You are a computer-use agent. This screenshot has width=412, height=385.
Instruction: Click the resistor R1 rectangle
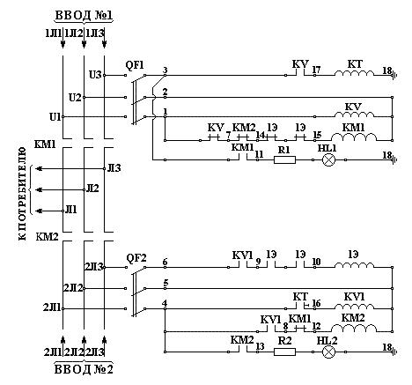(284, 159)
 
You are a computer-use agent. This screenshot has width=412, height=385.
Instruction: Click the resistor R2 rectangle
(284, 352)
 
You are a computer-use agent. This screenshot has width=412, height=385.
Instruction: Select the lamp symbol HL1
(328, 160)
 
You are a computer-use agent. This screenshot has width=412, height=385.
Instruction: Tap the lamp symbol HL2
(328, 352)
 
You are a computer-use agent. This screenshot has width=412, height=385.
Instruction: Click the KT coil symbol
(354, 73)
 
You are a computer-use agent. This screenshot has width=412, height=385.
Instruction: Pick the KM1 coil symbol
(354, 137)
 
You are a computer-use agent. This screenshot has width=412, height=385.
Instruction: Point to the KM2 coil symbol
(354, 329)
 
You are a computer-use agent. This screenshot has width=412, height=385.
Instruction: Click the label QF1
(135, 65)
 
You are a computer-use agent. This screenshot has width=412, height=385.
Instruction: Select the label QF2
(136, 258)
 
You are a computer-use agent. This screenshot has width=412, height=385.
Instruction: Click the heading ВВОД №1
(84, 16)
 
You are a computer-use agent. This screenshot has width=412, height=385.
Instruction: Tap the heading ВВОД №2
(84, 369)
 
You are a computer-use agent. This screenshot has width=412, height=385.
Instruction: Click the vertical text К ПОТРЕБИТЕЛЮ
(22, 194)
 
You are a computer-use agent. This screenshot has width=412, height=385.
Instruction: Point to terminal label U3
(95, 75)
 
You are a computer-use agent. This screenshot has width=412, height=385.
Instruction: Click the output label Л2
(92, 189)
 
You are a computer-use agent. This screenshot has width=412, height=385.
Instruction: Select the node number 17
(316, 70)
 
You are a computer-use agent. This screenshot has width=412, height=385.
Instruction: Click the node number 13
(260, 346)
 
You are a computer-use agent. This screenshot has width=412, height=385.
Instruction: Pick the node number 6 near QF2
(165, 262)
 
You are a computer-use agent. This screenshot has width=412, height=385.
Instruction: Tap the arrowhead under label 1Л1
(63, 44)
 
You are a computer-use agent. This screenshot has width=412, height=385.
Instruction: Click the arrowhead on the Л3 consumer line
(39, 168)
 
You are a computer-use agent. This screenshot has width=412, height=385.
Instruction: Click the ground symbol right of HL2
(394, 352)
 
